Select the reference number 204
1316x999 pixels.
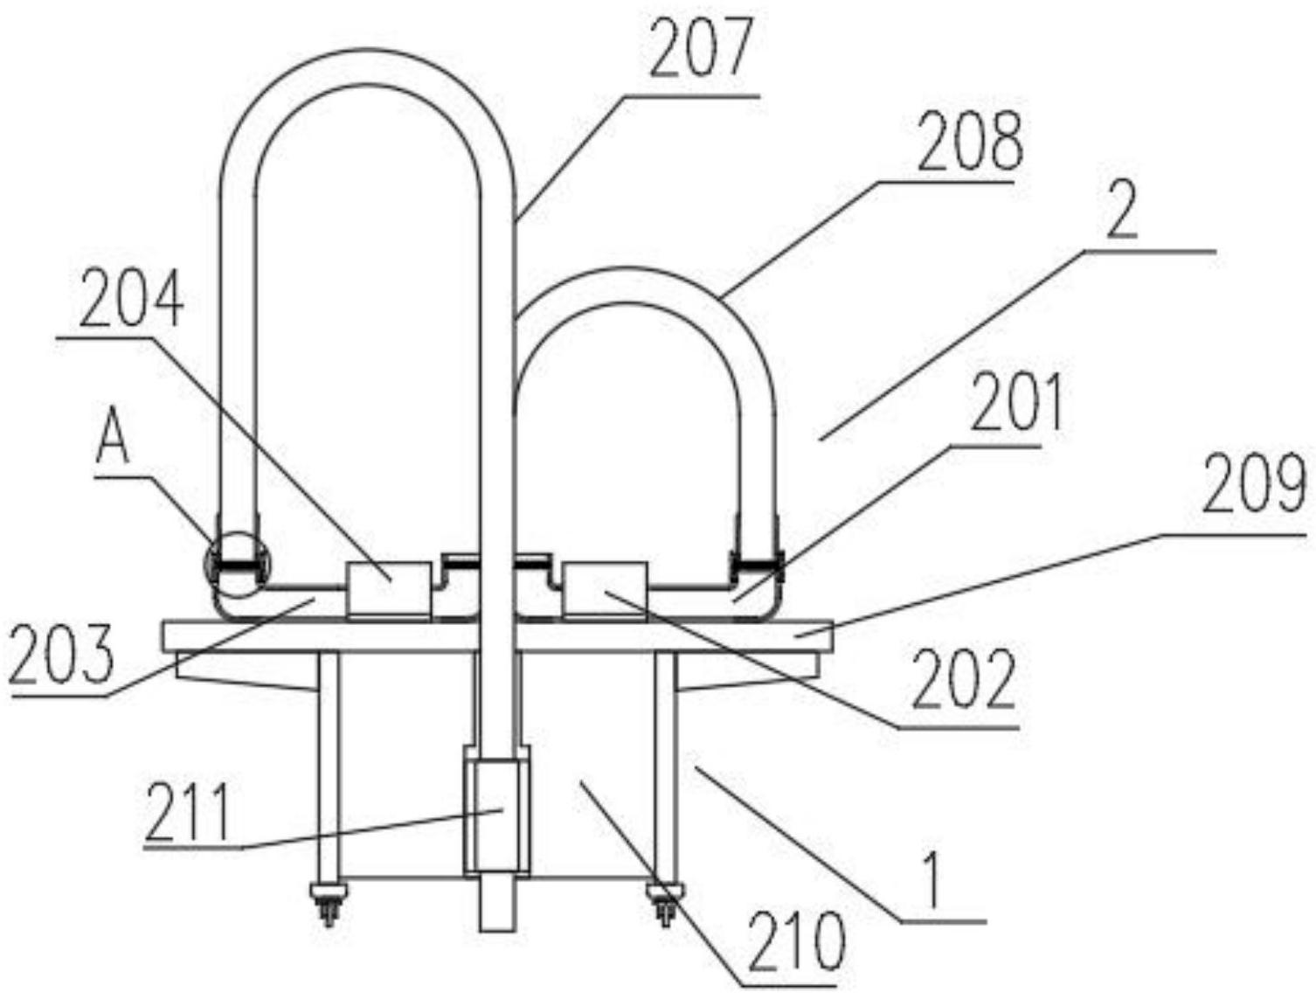click(131, 300)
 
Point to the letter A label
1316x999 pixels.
click(113, 440)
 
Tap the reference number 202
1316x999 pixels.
click(964, 680)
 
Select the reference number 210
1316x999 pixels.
click(797, 943)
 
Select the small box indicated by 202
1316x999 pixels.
click(605, 590)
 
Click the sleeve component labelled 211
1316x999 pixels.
click(496, 815)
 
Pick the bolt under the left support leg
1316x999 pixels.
click(329, 903)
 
